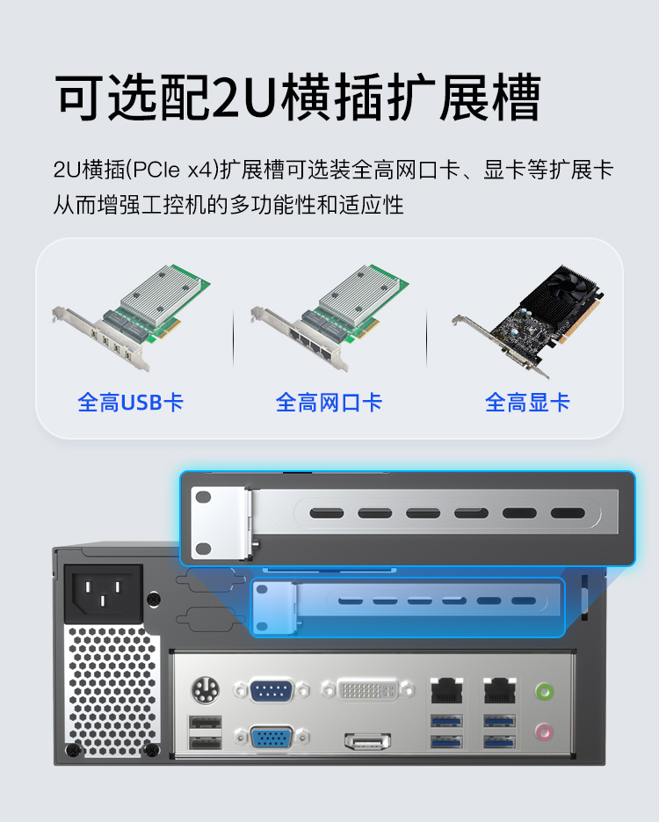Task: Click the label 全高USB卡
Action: (x=130, y=403)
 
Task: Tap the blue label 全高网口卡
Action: (x=329, y=403)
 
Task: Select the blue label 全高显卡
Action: (x=527, y=403)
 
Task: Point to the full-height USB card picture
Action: (x=131, y=318)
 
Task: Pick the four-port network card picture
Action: (x=329, y=318)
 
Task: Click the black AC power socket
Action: (x=103, y=593)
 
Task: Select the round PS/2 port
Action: (x=206, y=691)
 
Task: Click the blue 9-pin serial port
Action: (x=271, y=691)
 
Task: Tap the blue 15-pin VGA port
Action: (x=271, y=738)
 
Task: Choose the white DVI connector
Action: (x=368, y=690)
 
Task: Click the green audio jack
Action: (x=544, y=692)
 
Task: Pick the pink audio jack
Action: (x=544, y=731)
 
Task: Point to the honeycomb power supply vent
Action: (x=113, y=691)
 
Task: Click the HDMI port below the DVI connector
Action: (x=368, y=741)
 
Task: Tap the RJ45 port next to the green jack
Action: (x=500, y=690)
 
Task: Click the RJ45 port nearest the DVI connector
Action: (x=447, y=690)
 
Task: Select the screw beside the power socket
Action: (x=154, y=599)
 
